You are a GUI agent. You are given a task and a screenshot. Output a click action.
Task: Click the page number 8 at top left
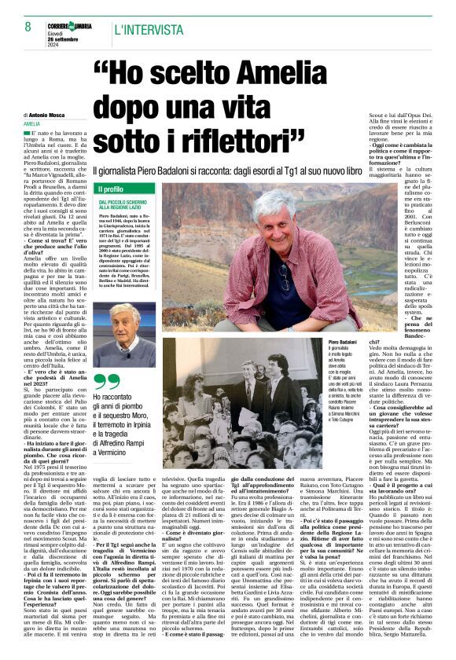(x=17, y=28)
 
